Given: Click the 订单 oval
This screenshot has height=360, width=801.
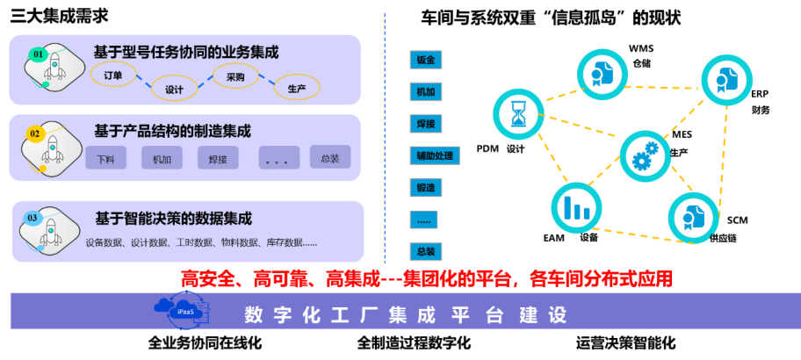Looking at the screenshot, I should (x=113, y=75).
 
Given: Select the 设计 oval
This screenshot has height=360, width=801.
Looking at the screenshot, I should (x=174, y=89).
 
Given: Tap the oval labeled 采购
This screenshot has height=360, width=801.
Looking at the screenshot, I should (x=235, y=76).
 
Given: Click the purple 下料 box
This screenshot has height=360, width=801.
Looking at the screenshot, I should (x=106, y=159).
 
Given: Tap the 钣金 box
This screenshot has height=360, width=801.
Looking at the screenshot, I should (x=426, y=60).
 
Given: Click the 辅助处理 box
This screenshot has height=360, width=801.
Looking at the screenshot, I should (x=434, y=156).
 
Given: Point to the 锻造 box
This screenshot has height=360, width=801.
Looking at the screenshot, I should (x=426, y=188).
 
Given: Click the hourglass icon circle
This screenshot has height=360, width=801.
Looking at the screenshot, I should (x=519, y=113).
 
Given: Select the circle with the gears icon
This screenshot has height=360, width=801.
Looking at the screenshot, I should (x=646, y=155).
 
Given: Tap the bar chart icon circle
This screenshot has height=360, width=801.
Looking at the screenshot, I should (x=577, y=207).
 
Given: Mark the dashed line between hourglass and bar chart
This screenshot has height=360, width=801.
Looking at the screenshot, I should (x=548, y=161).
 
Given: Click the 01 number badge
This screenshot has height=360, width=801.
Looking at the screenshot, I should (x=38, y=54).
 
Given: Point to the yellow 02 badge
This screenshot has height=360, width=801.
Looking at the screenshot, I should (x=35, y=134).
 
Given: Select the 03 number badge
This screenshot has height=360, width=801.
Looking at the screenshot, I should (x=32, y=217).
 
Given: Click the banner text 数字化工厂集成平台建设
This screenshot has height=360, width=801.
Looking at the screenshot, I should (x=406, y=314).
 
